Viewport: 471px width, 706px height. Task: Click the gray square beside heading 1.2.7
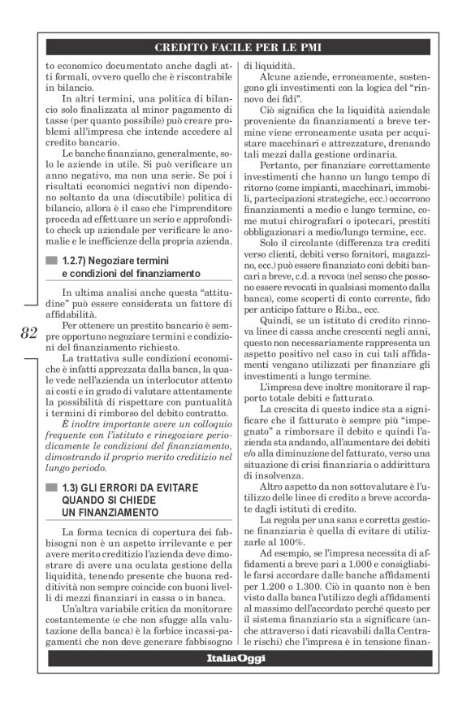coord(53,259)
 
